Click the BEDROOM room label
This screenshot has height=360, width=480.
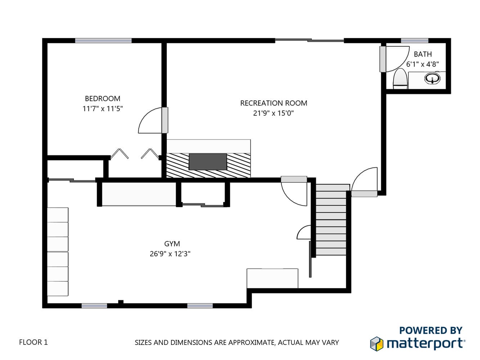pos(103,99)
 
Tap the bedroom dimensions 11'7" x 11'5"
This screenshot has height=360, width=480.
pos(103,109)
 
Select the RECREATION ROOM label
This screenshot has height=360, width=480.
pos(274,103)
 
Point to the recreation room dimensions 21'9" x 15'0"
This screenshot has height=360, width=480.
pos(273,113)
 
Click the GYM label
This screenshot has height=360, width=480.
pos(172,244)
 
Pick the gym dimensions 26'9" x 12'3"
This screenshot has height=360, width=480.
pos(170,254)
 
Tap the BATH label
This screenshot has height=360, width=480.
pos(423,54)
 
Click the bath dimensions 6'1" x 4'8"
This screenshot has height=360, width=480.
pos(422,64)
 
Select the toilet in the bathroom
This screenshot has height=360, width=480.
pos(400,79)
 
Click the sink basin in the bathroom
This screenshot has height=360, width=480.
pos(432,78)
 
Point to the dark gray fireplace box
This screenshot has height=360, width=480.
pos(208,162)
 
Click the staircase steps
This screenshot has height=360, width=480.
pos(331,220)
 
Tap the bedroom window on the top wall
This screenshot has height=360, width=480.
pos(103,41)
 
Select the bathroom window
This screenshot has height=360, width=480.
pos(414,41)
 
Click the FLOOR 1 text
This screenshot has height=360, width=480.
pos(33,342)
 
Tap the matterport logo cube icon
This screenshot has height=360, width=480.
pos(377,344)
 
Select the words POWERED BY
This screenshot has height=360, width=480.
pos(431,330)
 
